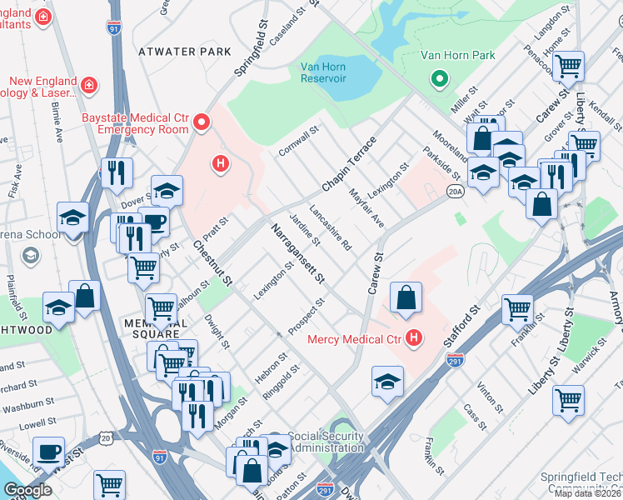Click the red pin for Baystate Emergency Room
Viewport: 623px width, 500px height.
pos(201,124)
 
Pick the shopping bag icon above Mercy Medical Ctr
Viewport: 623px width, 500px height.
pos(405,298)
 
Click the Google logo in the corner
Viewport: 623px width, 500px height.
pos(28,490)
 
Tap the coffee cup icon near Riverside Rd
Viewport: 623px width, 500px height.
pos(48,452)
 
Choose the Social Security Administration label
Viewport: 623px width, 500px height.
pos(326,442)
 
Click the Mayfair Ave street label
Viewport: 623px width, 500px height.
pos(366,207)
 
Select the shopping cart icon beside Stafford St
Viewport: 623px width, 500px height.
pos(517,309)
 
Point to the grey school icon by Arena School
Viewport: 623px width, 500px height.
pos(31,255)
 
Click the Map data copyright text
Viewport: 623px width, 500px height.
pos(588,493)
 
